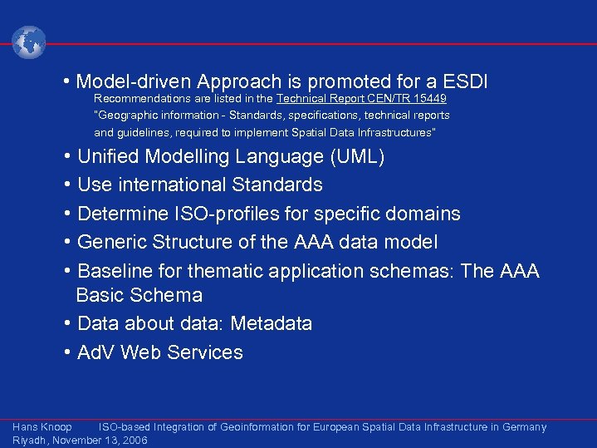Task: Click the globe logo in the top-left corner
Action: tap(29, 42)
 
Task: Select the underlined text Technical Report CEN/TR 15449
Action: tap(361, 98)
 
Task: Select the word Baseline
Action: tap(115, 271)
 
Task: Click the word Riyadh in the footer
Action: tap(30, 441)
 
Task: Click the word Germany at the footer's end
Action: tap(523, 427)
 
